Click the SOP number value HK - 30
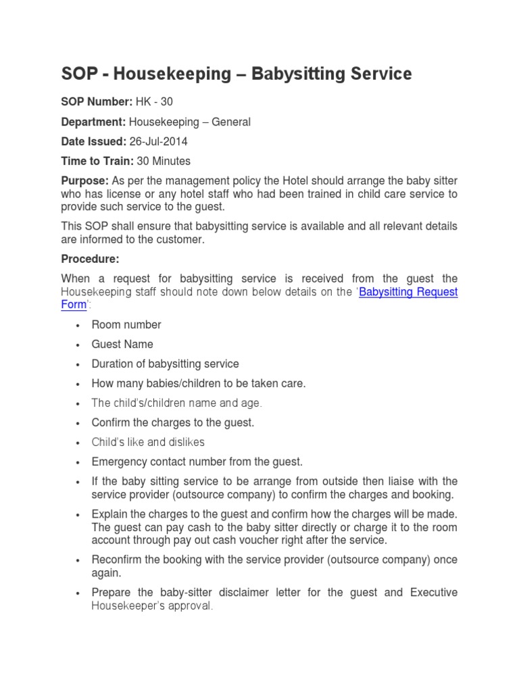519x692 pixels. (x=155, y=102)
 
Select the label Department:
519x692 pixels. (x=93, y=122)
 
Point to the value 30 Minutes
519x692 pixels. (x=164, y=161)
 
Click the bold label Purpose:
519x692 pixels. (x=85, y=180)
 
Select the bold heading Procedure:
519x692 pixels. (x=90, y=259)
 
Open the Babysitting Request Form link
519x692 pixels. (x=408, y=292)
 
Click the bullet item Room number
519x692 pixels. (x=126, y=324)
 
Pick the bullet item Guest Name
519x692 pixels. (x=122, y=344)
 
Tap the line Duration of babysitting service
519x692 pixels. (x=165, y=364)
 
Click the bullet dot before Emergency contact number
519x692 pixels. (x=78, y=462)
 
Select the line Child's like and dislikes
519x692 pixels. (x=148, y=442)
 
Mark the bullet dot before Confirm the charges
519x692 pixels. (x=78, y=423)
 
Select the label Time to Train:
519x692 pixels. (x=97, y=161)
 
